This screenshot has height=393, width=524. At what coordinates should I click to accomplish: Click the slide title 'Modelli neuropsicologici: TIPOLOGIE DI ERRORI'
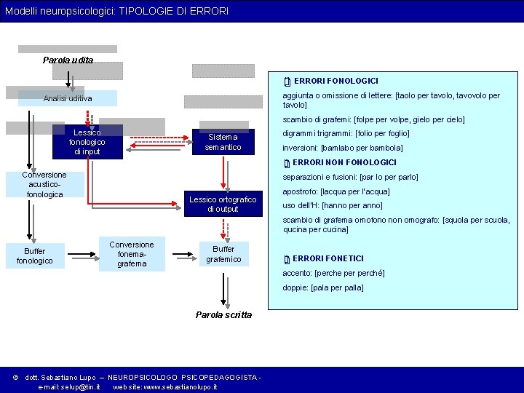(x=117, y=11)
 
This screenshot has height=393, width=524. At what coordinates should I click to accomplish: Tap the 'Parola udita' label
(x=68, y=60)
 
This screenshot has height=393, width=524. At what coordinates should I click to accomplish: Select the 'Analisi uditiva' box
(x=68, y=98)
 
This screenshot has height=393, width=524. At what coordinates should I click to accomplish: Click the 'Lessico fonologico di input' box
(x=87, y=142)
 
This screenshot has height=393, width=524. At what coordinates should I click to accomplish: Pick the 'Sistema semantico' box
(x=223, y=142)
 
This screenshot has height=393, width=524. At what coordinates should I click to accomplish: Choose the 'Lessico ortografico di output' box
(x=223, y=205)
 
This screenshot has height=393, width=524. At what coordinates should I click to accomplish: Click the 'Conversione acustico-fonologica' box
(x=44, y=185)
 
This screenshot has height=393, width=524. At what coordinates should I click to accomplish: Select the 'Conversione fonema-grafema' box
(x=132, y=254)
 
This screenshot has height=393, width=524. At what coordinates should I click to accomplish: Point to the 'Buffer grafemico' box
(x=223, y=254)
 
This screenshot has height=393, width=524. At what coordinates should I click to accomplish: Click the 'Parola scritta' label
(x=223, y=315)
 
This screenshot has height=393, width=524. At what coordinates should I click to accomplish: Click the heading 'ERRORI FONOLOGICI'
(x=336, y=81)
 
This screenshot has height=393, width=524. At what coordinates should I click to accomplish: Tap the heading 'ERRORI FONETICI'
(x=328, y=258)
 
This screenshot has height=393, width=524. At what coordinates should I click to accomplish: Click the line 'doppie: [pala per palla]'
(x=322, y=287)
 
